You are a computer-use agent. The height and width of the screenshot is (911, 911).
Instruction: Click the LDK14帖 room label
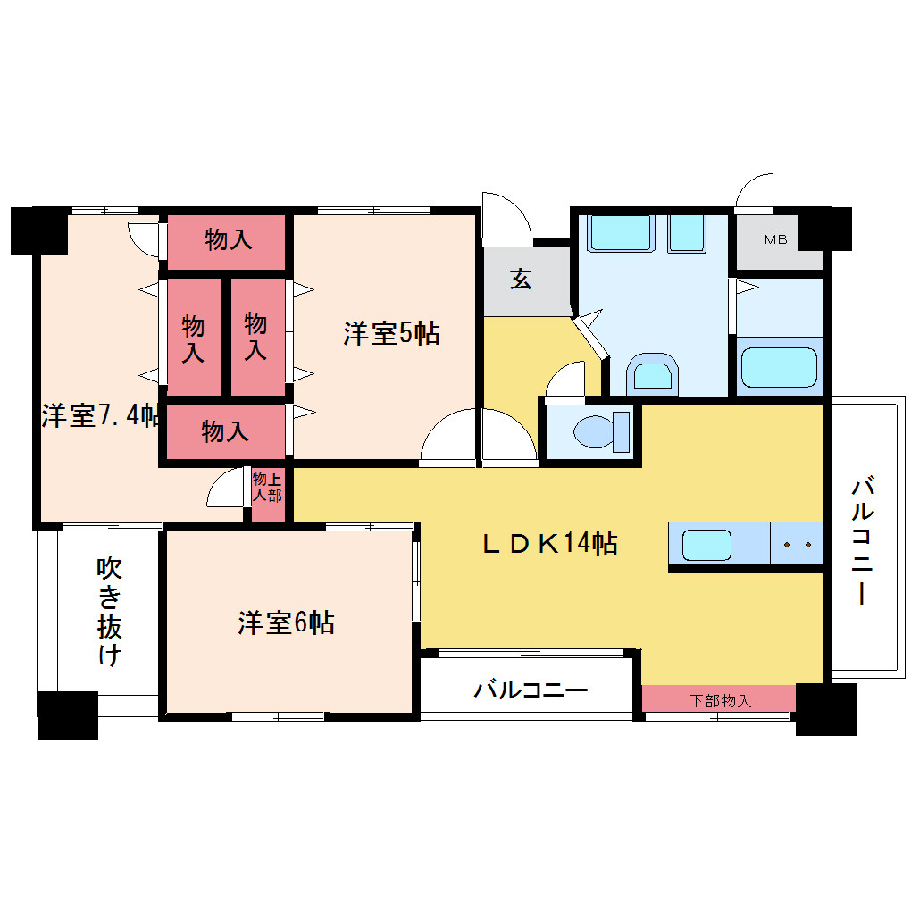click(x=550, y=543)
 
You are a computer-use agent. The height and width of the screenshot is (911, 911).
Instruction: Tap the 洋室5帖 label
click(x=391, y=333)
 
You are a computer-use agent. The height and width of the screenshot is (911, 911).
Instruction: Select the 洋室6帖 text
click(x=286, y=623)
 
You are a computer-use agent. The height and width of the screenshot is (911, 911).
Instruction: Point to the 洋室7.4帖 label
click(x=100, y=415)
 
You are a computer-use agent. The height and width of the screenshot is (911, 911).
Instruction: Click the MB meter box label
click(x=775, y=239)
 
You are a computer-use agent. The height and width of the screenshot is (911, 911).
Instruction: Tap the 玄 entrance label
click(x=521, y=280)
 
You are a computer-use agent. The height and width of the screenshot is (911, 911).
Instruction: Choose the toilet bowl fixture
click(x=601, y=431)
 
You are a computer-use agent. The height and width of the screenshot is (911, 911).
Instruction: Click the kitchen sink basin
click(x=706, y=546)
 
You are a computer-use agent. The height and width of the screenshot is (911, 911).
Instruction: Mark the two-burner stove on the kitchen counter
click(x=797, y=545)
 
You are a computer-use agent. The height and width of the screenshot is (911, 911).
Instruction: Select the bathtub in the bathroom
click(x=779, y=367)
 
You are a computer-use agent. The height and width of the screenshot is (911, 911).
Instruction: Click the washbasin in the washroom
click(x=653, y=374)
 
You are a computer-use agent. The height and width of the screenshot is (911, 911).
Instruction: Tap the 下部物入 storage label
click(x=721, y=701)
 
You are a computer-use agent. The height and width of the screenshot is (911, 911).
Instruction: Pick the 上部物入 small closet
click(x=268, y=495)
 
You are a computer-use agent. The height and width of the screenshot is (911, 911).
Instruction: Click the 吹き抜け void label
click(x=109, y=611)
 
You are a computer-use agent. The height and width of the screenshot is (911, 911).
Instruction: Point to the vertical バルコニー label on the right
click(x=863, y=541)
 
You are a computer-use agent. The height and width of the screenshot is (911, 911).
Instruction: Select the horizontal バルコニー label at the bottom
click(x=531, y=690)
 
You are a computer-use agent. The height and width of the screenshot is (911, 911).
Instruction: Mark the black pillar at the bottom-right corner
click(x=825, y=709)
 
